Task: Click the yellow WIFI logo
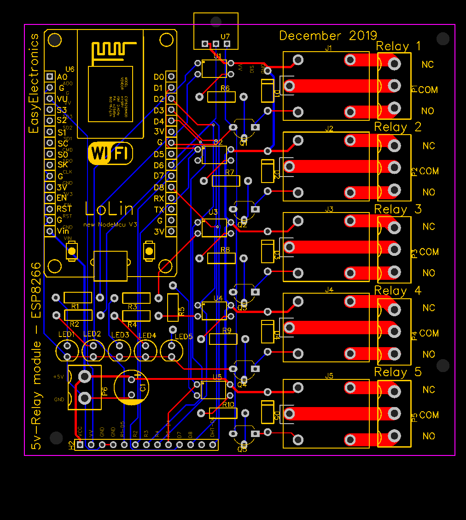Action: click(110, 153)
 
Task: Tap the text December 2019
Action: click(328, 35)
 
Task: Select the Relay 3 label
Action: click(398, 209)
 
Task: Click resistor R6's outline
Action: click(221, 96)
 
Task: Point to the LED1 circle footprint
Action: click(67, 351)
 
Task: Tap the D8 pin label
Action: click(159, 187)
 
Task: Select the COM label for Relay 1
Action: click(428, 89)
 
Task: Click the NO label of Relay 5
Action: click(428, 436)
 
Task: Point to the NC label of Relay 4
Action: click(428, 307)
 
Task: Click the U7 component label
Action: click(225, 36)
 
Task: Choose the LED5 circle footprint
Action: click(172, 351)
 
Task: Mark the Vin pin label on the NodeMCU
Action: click(62, 230)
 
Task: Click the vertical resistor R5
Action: click(173, 307)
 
